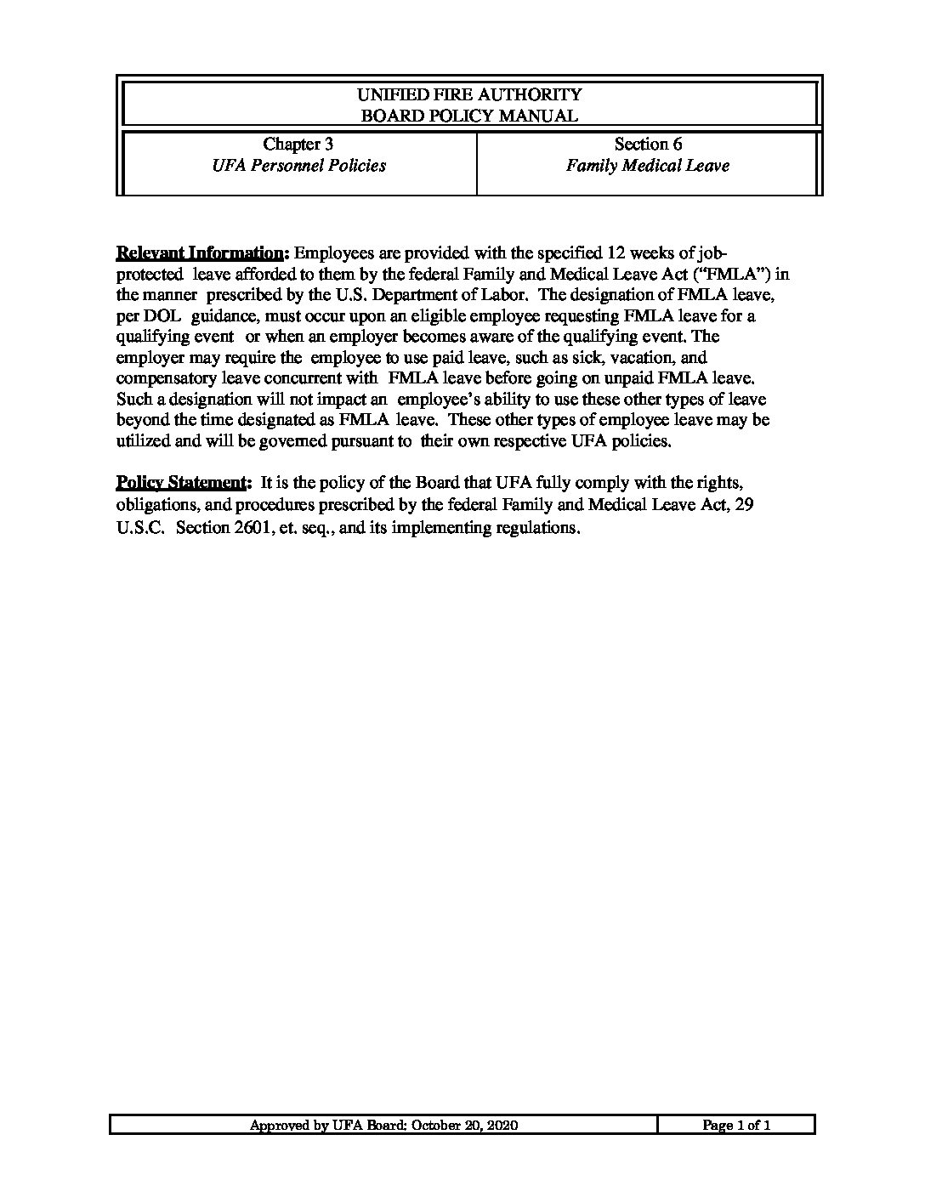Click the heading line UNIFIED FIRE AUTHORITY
pyautogui.click(x=469, y=94)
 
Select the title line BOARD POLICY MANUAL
pyautogui.click(x=469, y=116)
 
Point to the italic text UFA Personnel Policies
pyautogui.click(x=298, y=166)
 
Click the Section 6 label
pyautogui.click(x=648, y=145)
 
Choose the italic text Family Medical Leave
pyautogui.click(x=648, y=166)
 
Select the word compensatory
pyautogui.click(x=167, y=378)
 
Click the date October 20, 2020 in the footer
pyautogui.click(x=465, y=1126)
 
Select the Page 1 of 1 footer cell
pyautogui.click(x=736, y=1126)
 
